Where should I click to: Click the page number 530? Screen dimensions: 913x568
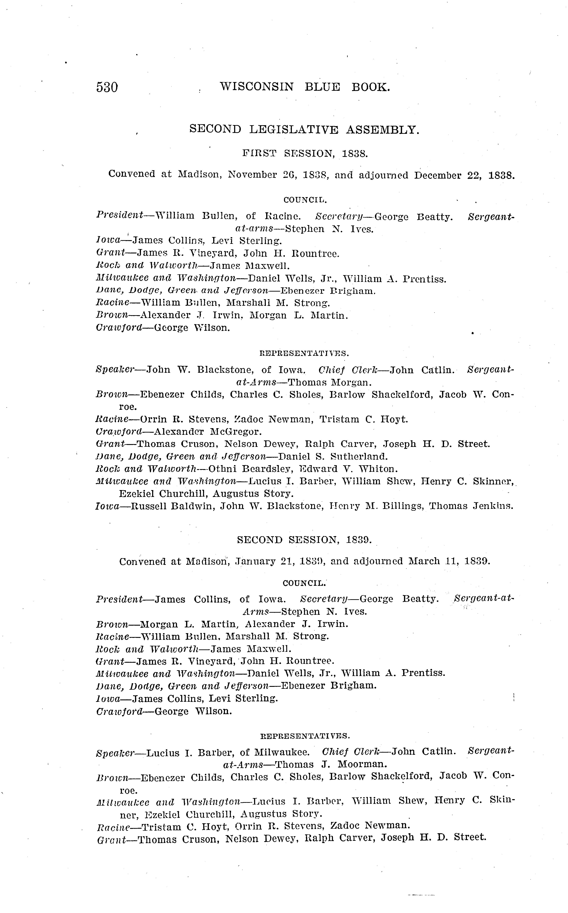(107, 87)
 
